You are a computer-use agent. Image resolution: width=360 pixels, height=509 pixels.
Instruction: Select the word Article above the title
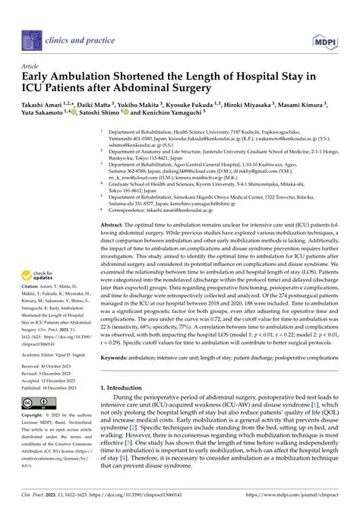pos(30,66)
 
